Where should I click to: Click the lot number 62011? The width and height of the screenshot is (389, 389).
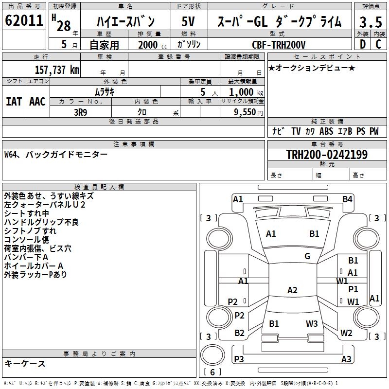click(x=24, y=20)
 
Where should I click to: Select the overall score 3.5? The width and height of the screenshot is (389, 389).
click(x=371, y=22)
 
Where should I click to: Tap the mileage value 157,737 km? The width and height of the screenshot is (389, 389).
click(x=57, y=70)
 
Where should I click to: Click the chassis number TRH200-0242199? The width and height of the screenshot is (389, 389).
click(x=327, y=154)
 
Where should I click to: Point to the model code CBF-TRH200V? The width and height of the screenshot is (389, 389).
click(x=279, y=45)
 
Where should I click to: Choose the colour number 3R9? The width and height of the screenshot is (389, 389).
click(x=81, y=112)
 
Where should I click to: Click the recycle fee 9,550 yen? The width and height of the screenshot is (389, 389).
click(x=248, y=112)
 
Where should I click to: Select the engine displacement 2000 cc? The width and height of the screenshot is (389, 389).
click(x=153, y=45)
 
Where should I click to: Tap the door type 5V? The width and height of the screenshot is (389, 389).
click(x=188, y=21)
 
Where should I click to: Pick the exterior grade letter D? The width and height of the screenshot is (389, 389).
click(x=363, y=44)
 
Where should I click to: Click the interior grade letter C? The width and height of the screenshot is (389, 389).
click(x=378, y=44)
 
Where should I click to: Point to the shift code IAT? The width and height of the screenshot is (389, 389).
click(x=14, y=102)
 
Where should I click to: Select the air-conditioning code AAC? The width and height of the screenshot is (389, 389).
click(x=37, y=102)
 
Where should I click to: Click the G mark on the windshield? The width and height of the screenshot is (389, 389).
click(x=307, y=256)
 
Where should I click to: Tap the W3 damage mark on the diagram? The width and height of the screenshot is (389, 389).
click(x=312, y=323)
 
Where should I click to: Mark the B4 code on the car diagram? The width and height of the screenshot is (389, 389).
click(x=347, y=199)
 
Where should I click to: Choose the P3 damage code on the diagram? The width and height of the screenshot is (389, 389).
click(x=239, y=359)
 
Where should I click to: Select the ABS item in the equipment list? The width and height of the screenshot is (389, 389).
click(x=326, y=131)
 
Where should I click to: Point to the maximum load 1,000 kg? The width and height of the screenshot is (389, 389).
click(x=246, y=92)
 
